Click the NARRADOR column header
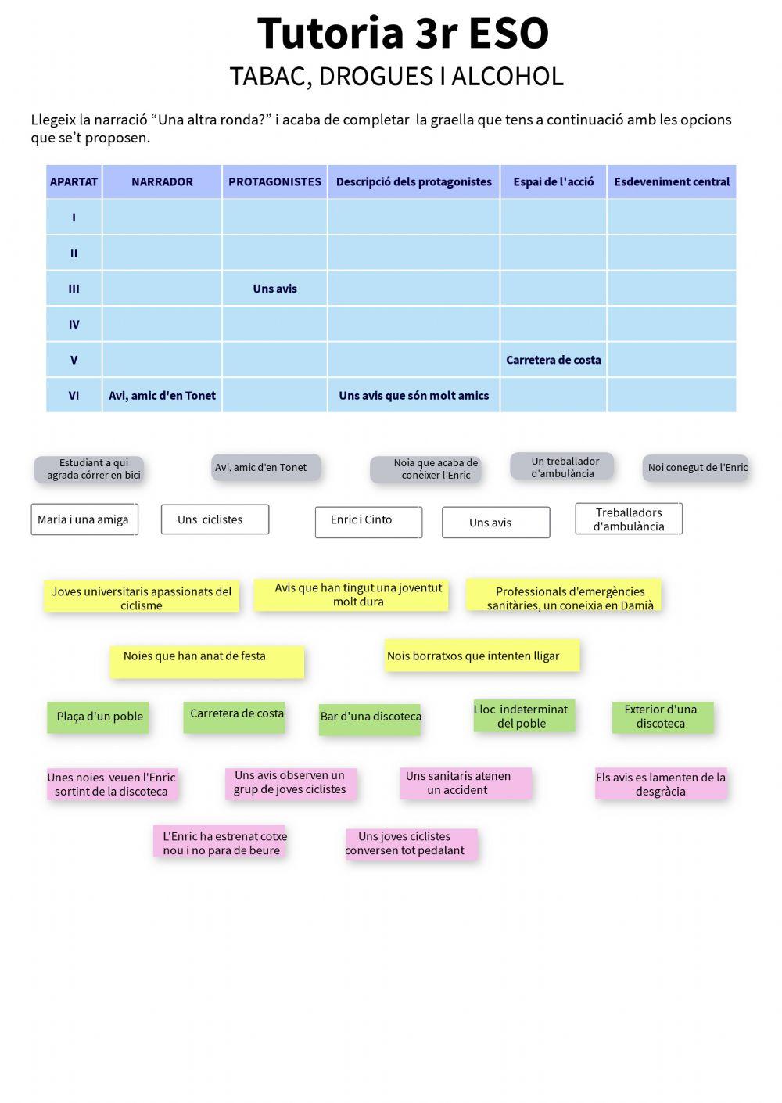tap(162, 181)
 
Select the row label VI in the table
tap(74, 395)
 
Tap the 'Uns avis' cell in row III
tap(274, 289)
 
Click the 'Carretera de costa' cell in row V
tap(553, 360)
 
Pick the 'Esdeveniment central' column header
tap(671, 181)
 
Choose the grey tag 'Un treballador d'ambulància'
tap(562, 467)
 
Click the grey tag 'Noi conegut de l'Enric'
tap(696, 468)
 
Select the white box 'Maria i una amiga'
tap(84, 519)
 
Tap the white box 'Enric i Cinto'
tap(368, 522)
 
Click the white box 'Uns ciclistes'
tap(214, 519)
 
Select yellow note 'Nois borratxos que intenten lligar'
tap(482, 656)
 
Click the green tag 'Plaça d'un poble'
tap(99, 717)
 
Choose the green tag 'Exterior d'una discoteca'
tap(662, 717)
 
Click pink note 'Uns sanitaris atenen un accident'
tap(465, 783)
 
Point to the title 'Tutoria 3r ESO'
tap(402, 34)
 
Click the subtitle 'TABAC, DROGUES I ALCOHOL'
tap(396, 77)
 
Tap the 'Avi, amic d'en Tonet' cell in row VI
tap(162, 395)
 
